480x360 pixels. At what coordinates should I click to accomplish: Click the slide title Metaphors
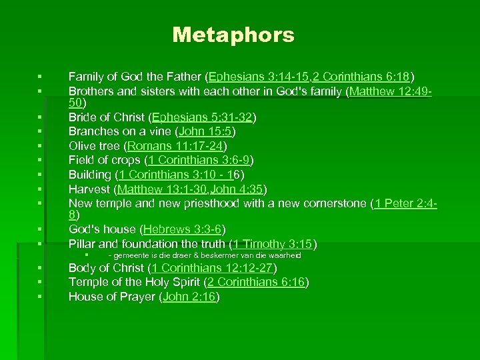coord(233,35)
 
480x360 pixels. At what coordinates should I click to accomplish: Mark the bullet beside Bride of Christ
coord(40,118)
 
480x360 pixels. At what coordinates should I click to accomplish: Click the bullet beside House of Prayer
coord(40,297)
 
